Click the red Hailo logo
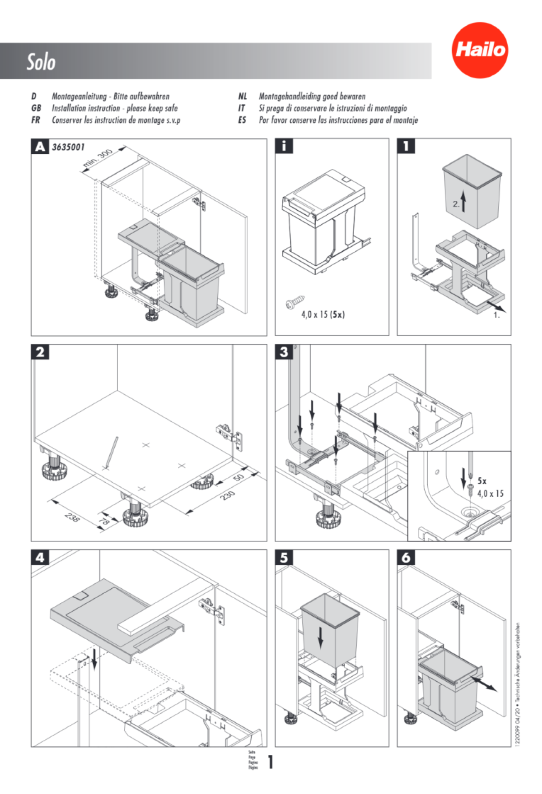pos(480,50)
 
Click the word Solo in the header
pos(41,62)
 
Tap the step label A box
pos(40,147)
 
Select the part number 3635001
pos(68,147)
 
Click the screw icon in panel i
pos(295,302)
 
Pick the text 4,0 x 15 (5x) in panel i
pos(323,314)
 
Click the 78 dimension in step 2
pos(104,522)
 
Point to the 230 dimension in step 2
pos(227,496)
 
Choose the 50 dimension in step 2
pos(238,478)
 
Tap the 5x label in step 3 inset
pos(482,481)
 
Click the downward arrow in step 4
pos(94,659)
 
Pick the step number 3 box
pos(284,352)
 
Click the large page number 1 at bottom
pos(271,762)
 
